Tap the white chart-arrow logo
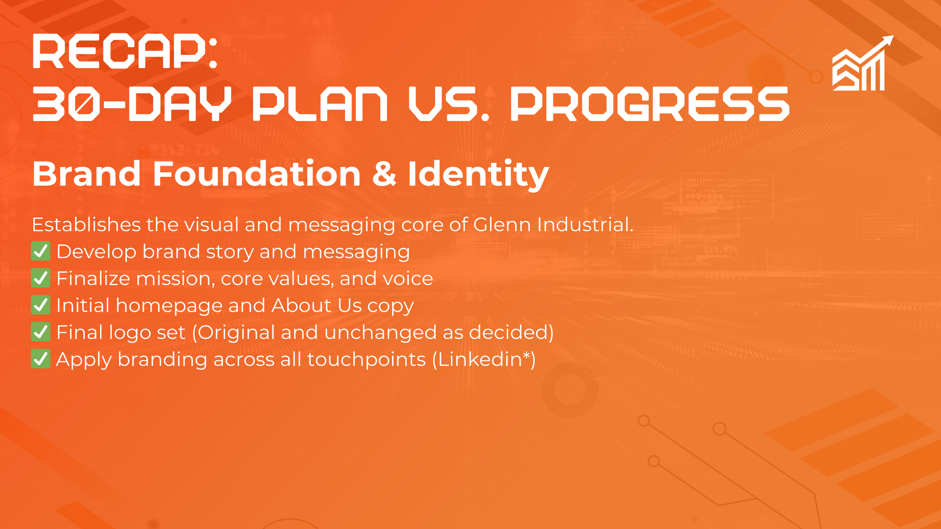863,63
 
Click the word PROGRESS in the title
650,104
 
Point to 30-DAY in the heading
132,104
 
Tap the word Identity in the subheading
478,175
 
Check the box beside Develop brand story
41,251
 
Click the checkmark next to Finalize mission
41,278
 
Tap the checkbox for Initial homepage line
41,305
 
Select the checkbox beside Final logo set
41,332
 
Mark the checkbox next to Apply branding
41,359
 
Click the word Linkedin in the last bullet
480,359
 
